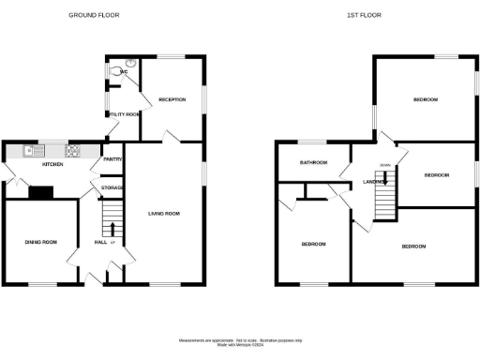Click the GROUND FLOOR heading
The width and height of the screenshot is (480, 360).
pos(95,16)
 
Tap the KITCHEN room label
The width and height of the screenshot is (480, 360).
pos(52,164)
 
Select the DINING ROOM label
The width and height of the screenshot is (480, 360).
pos(40,242)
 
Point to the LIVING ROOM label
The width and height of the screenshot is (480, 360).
pos(163,214)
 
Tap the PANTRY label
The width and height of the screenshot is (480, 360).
pos(112,159)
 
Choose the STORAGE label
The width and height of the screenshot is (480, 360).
pos(112,188)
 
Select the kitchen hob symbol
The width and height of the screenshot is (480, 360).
pos(71,149)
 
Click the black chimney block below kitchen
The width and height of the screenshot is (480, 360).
pos(40,193)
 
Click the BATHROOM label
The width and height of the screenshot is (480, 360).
pos(313,162)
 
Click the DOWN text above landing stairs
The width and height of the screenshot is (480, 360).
pos(384,166)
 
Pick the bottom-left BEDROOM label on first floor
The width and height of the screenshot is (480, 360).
pos(312,244)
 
